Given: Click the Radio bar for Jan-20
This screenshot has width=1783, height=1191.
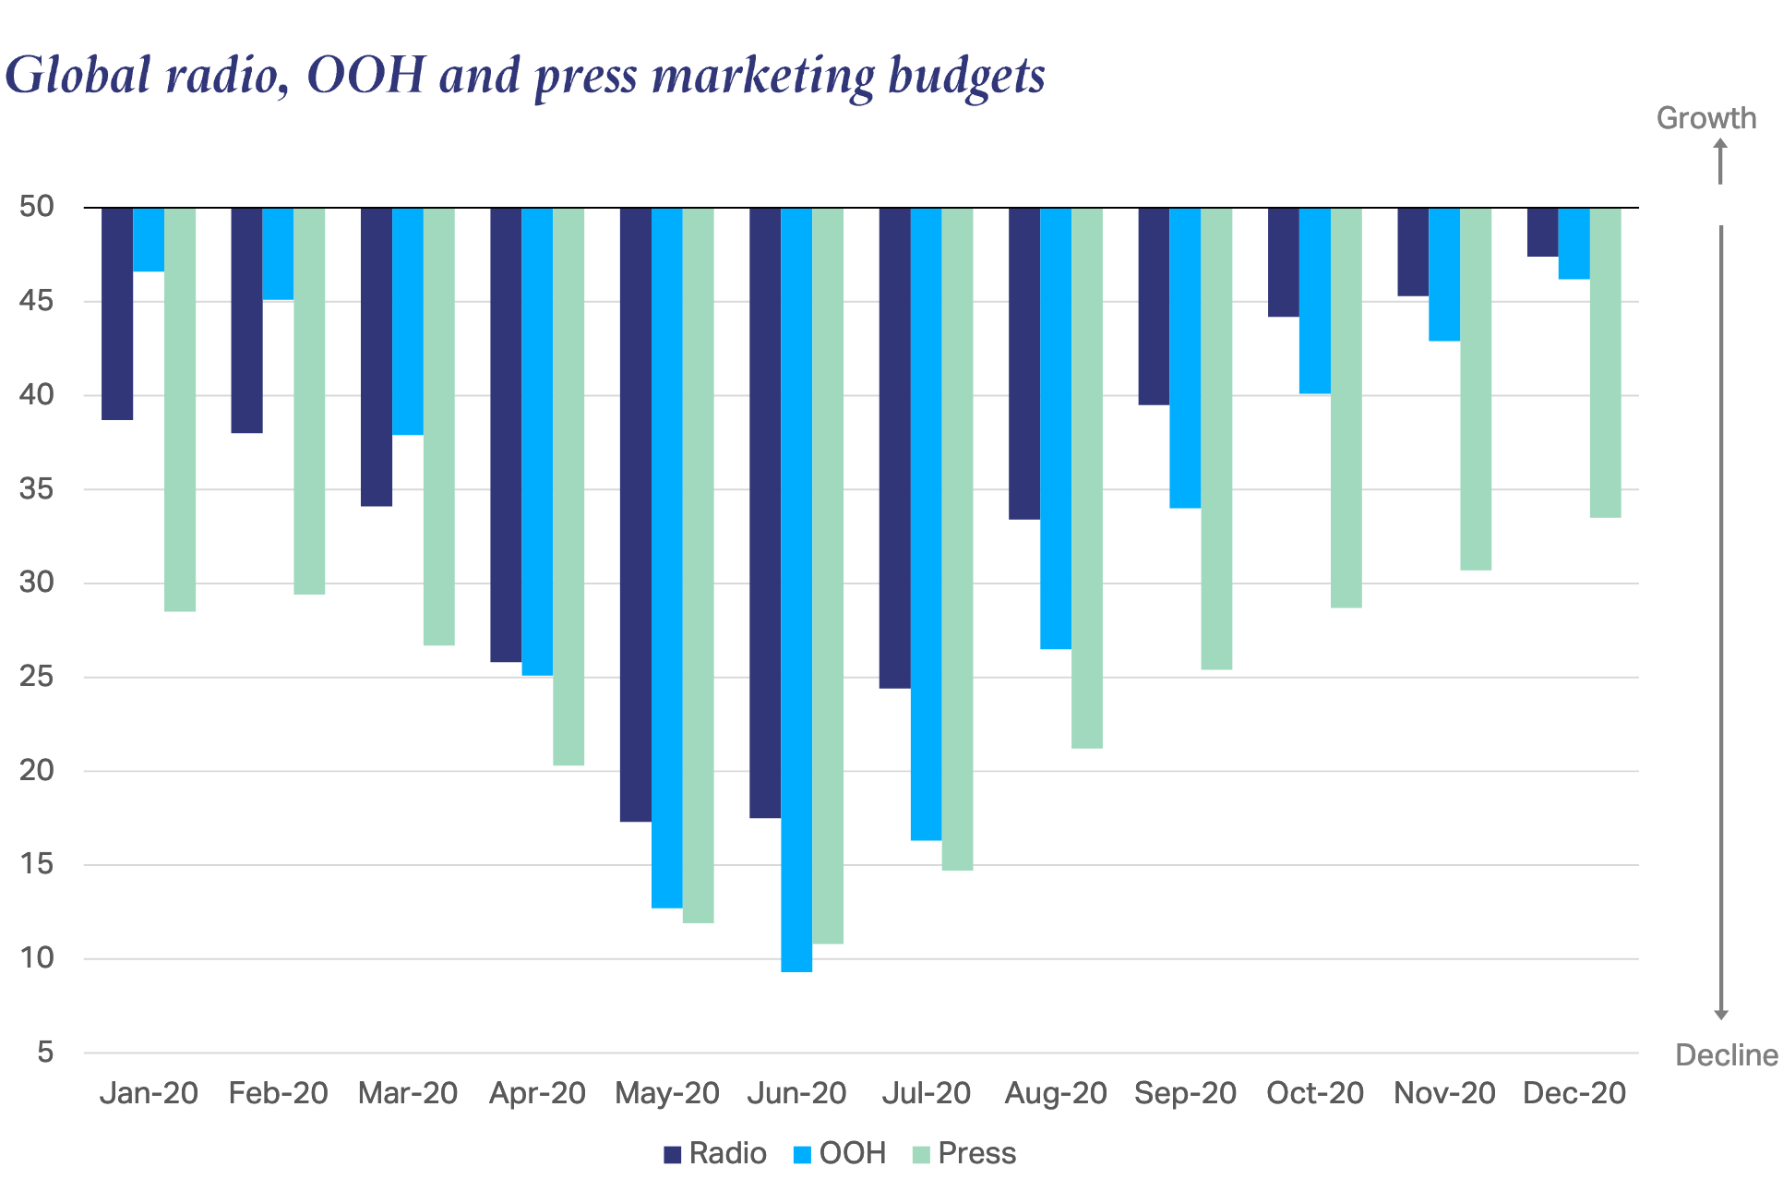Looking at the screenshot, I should click(x=117, y=314).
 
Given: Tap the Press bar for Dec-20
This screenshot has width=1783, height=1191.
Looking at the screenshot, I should click(x=1606, y=362).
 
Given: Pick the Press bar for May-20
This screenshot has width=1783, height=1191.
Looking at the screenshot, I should click(x=699, y=565).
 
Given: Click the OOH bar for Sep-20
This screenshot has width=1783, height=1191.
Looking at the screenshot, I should click(x=1185, y=357).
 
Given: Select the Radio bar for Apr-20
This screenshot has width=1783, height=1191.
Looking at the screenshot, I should click(x=506, y=434).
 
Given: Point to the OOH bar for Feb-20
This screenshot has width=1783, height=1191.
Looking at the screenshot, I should click(x=278, y=254).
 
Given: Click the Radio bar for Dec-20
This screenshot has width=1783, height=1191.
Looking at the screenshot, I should click(x=1542, y=232).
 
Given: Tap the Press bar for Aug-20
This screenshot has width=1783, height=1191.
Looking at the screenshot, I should click(x=1087, y=477).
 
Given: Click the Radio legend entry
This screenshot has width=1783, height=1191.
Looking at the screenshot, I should click(x=715, y=1153).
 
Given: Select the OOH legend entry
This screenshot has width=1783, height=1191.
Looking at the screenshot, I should click(x=840, y=1153).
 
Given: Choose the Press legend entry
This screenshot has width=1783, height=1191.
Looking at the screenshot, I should click(x=964, y=1153).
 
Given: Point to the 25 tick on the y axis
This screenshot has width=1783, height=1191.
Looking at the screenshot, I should click(x=37, y=677).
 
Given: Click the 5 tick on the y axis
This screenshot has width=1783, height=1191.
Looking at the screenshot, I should click(x=44, y=1053).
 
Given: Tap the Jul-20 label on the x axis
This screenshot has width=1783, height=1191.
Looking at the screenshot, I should click(x=926, y=1093).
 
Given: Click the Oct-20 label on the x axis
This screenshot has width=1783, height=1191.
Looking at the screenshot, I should click(x=1314, y=1093).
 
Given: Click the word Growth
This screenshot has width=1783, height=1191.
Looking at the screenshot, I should click(x=1705, y=118).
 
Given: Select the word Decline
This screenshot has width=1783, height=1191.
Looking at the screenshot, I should click(x=1726, y=1055).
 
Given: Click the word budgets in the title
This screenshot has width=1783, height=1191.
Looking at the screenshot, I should click(x=966, y=76).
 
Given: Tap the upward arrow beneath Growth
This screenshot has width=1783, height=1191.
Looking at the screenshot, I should click(x=1720, y=161).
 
